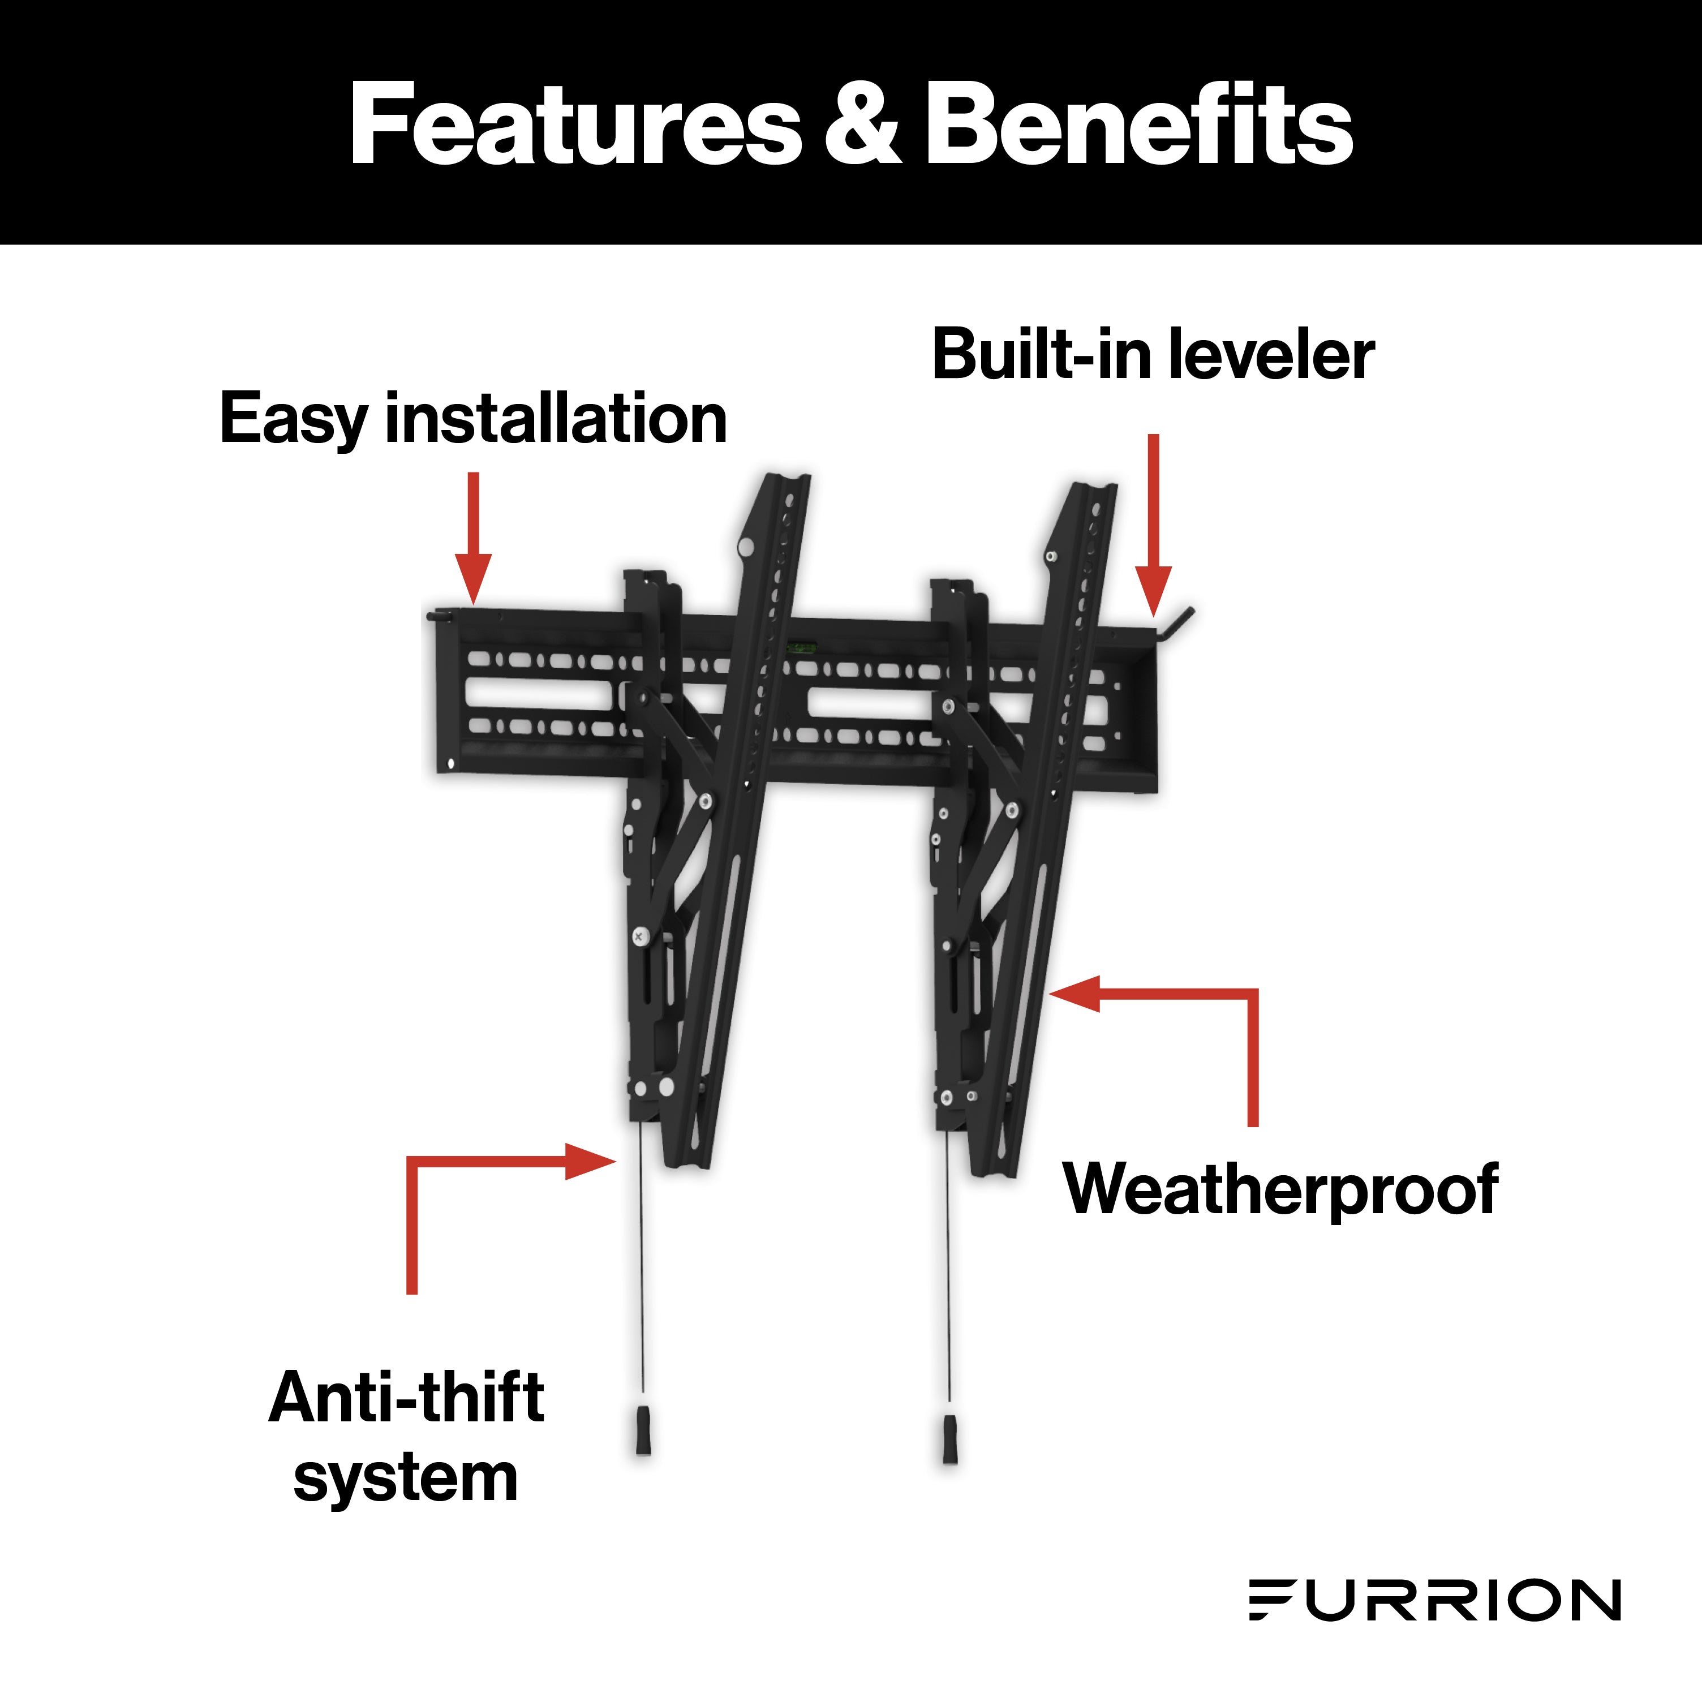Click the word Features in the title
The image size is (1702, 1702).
pyautogui.click(x=574, y=125)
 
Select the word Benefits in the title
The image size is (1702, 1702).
pyautogui.click(x=1138, y=125)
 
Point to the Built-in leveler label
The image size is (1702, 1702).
pyautogui.click(x=1152, y=355)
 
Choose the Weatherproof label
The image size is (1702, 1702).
pyautogui.click(x=1280, y=1189)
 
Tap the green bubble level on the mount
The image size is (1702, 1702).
pyautogui.click(x=802, y=647)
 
